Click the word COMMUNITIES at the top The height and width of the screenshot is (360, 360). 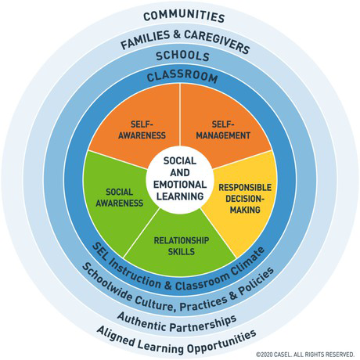184,16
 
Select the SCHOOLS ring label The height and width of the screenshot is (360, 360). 182,56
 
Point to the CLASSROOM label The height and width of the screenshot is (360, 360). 182,76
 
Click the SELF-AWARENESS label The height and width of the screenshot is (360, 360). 142,130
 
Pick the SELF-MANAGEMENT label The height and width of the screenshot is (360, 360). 223,130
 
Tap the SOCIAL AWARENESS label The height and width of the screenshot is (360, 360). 120,197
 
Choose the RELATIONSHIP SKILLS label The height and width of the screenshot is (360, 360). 182,246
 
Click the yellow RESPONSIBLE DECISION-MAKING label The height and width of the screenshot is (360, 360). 245,199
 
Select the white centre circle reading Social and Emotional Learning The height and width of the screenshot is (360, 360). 180,179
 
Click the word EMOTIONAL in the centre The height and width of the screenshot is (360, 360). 180,185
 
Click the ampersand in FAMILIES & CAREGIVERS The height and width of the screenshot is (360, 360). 177,34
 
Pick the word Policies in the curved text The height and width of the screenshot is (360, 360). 257,282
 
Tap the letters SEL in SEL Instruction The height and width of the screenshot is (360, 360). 99,251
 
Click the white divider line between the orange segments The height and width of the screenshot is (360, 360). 180,115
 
